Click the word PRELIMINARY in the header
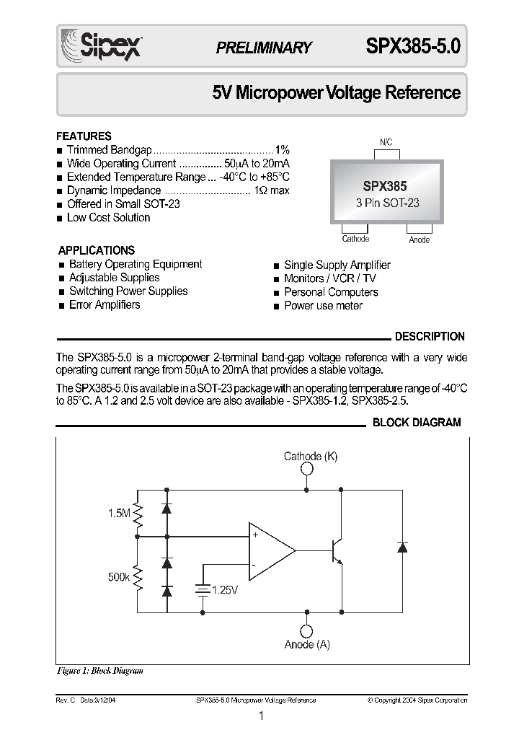click(x=264, y=48)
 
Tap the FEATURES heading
click(x=84, y=136)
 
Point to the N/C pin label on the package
click(x=386, y=143)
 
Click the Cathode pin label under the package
click(x=355, y=239)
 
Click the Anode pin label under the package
click(x=419, y=239)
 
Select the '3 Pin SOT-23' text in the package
click(x=387, y=203)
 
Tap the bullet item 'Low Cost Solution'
click(x=108, y=218)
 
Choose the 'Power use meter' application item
click(x=323, y=306)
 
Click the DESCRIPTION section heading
click(x=430, y=336)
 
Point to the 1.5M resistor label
click(x=120, y=513)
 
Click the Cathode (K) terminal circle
click(x=307, y=469)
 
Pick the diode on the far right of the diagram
click(x=401, y=547)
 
